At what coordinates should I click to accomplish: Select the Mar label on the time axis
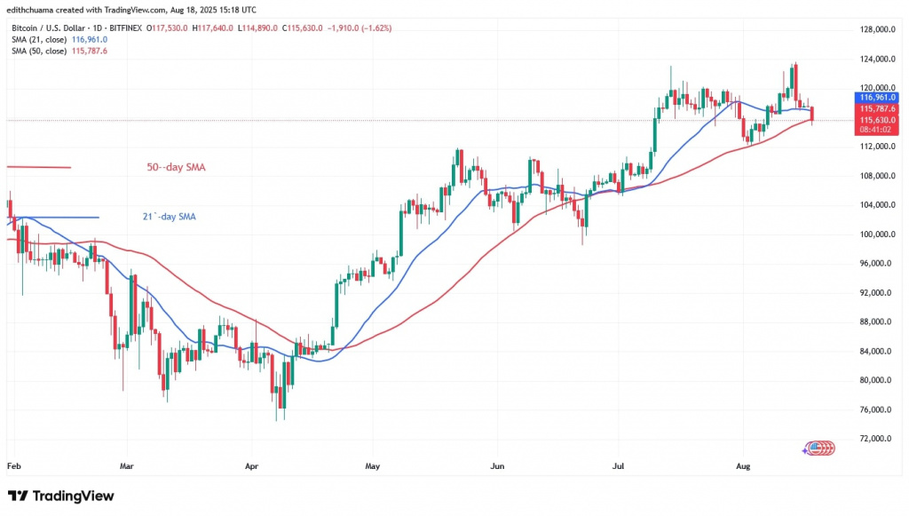pyautogui.click(x=127, y=464)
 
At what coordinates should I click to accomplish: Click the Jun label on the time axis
pyautogui.click(x=497, y=464)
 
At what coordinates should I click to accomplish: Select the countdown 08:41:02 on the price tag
pyautogui.click(x=874, y=130)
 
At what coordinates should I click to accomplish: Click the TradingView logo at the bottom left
pyautogui.click(x=60, y=495)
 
